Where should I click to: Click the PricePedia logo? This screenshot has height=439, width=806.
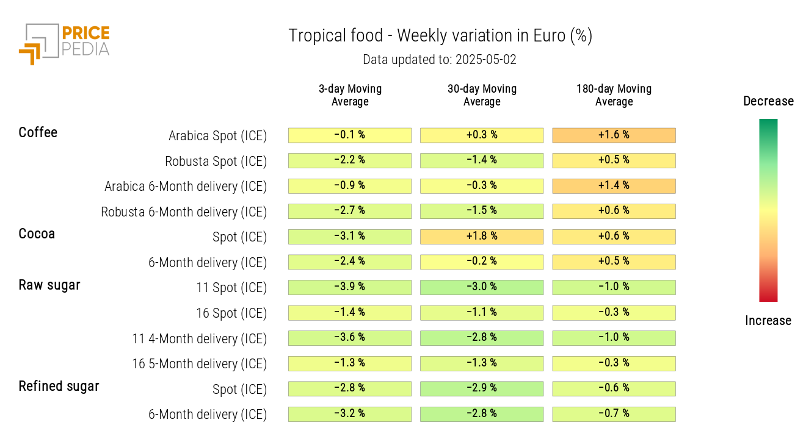pos(64,43)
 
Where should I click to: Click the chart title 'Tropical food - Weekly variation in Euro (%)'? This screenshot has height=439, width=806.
pos(440,36)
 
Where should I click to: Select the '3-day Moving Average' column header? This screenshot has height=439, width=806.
pos(350,95)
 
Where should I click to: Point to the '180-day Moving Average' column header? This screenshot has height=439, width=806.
pos(614,95)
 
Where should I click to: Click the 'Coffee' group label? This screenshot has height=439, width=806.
pos(38,132)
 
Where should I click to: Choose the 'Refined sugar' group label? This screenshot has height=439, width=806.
pos(59,386)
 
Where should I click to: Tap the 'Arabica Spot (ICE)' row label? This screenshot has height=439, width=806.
pos(217,135)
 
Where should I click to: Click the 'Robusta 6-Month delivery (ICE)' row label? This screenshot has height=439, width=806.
pos(184,212)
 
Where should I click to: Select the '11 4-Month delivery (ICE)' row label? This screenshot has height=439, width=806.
pos(200,338)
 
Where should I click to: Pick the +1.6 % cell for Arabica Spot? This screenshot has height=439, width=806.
pos(614,135)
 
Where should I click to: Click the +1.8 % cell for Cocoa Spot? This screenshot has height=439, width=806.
pos(482,237)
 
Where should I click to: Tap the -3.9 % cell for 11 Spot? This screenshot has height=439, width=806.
pos(350,287)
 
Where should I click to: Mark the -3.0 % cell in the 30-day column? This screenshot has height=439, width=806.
pos(482,287)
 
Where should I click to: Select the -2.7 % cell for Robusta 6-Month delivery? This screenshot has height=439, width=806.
pos(350,211)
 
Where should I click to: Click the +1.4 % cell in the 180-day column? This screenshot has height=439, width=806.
pos(614,185)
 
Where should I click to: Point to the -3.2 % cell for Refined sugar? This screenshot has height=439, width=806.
pos(350,414)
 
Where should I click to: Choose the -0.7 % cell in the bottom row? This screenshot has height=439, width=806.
pos(614,414)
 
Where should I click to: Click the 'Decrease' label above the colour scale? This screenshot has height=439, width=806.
pos(768,101)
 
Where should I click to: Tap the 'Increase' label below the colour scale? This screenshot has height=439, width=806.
pos(768,321)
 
